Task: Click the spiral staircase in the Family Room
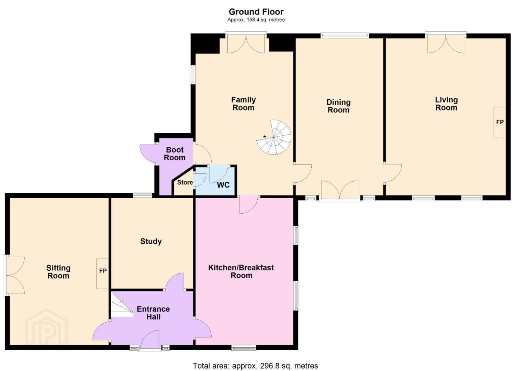point(274,137)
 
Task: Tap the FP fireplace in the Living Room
point(500,122)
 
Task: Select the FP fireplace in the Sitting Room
point(103,273)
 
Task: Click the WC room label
point(223,185)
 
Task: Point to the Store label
point(185,182)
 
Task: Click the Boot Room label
point(175,154)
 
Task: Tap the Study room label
point(151,241)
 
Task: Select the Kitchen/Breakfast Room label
point(241,271)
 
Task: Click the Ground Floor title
point(256,12)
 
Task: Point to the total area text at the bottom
point(255,365)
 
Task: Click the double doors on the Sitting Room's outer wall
point(14,275)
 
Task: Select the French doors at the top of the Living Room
point(446,43)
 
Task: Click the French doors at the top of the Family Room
point(246,43)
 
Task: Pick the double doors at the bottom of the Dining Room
point(339,191)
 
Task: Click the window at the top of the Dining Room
point(345,35)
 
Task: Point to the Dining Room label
point(338,106)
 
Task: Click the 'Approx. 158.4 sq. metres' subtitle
point(256,20)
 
